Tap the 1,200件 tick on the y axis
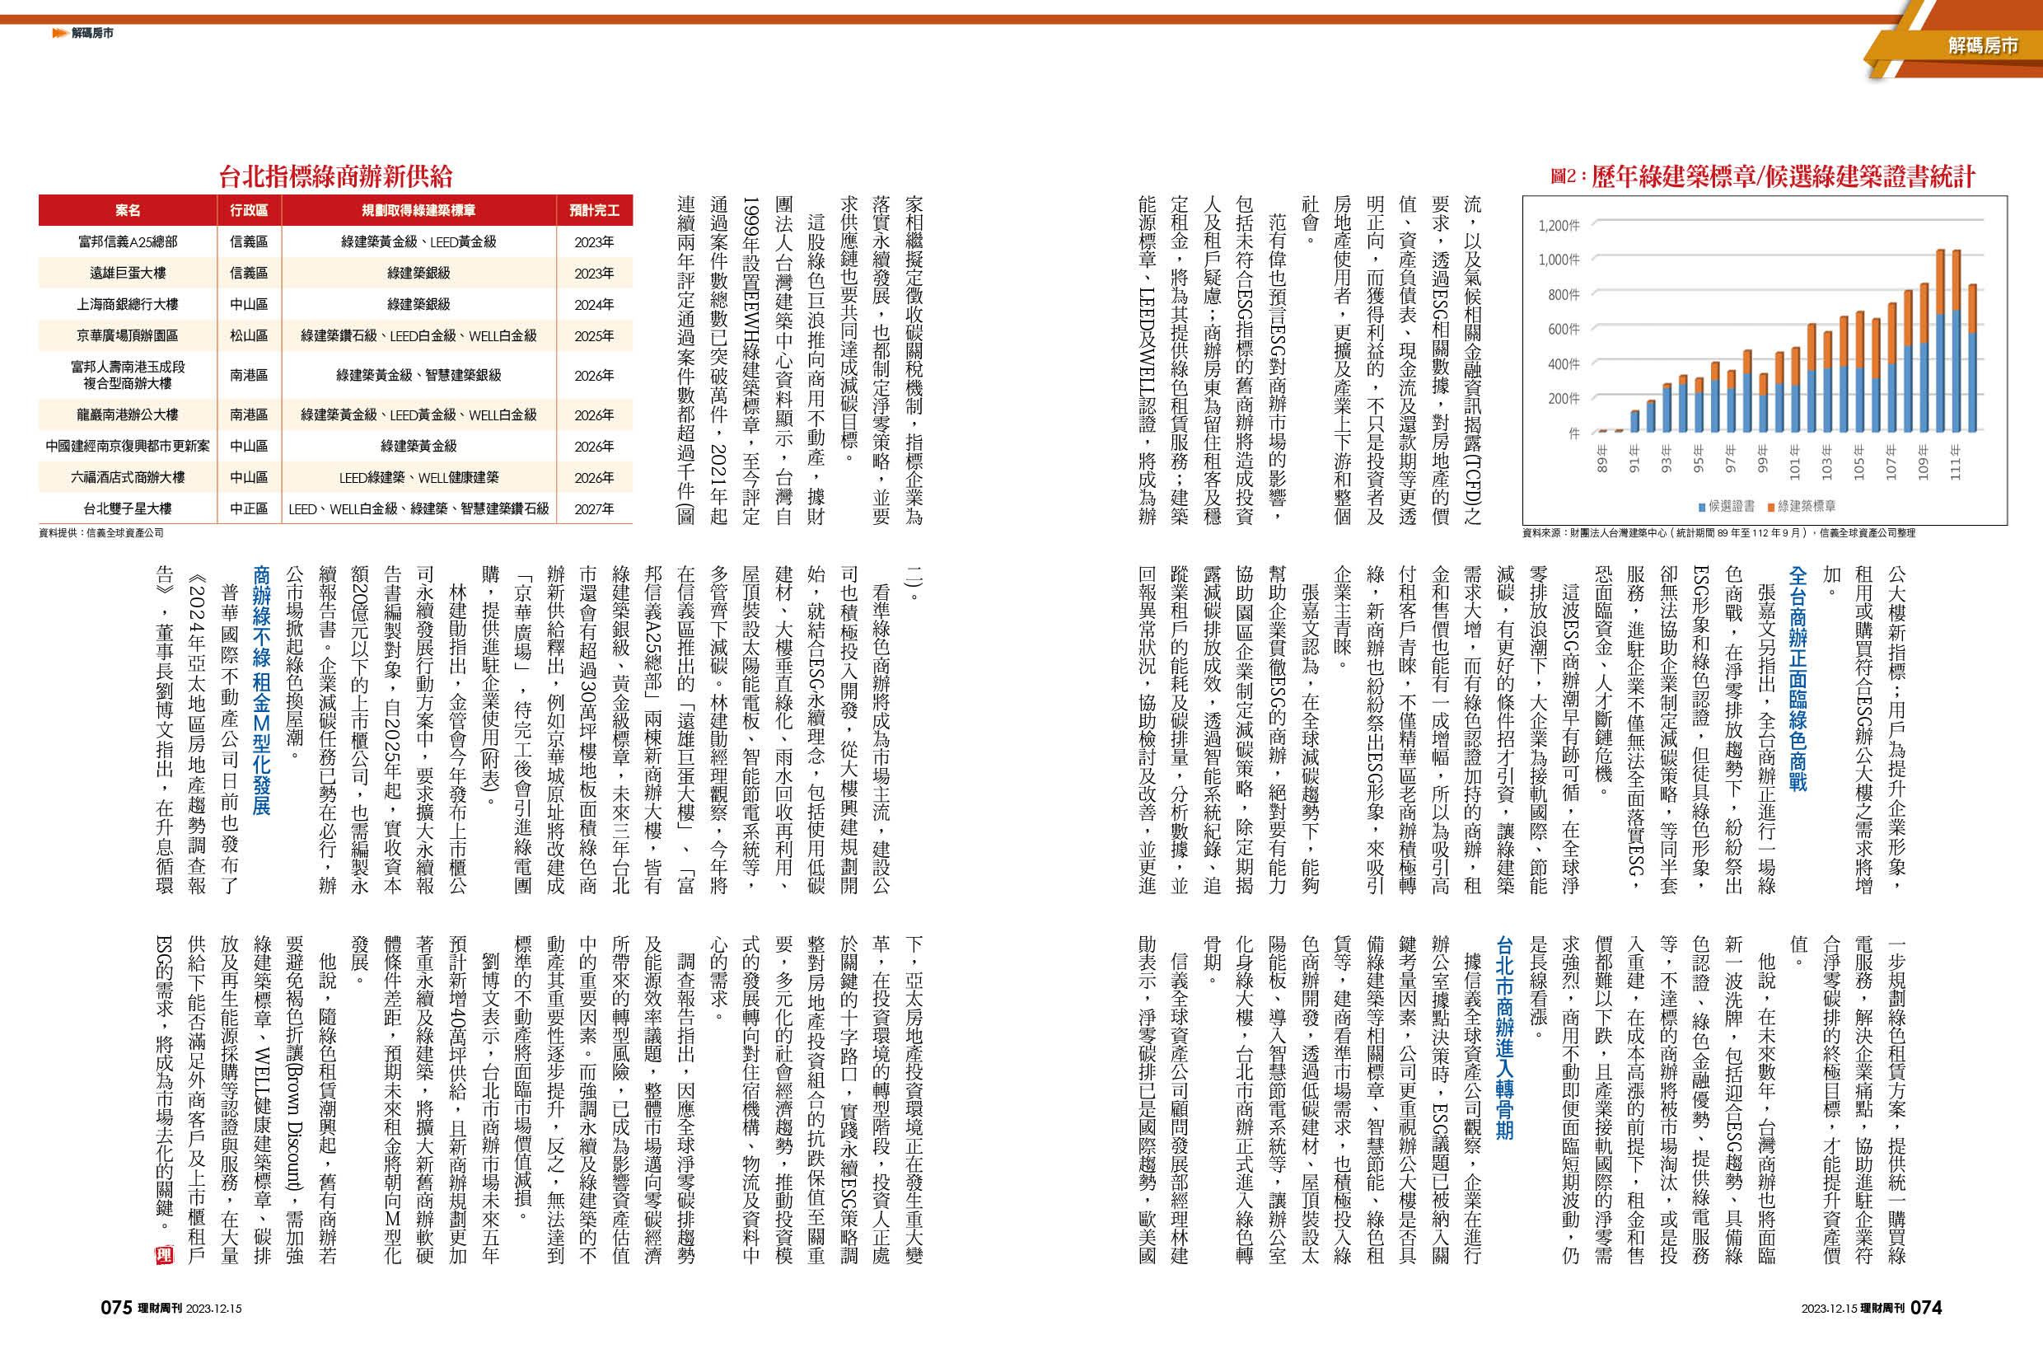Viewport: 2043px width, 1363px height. (1559, 226)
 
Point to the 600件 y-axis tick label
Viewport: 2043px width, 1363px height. (1564, 330)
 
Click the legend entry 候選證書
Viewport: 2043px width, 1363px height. (1726, 506)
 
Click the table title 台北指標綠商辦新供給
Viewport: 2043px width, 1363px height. (335, 177)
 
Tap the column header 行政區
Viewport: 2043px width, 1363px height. (249, 210)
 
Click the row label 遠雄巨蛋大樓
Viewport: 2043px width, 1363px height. (128, 273)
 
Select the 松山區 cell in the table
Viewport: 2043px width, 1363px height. (249, 335)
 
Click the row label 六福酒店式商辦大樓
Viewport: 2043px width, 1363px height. (128, 477)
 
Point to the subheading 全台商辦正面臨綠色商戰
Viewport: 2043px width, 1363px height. (1797, 678)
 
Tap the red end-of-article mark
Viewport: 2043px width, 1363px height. (164, 1255)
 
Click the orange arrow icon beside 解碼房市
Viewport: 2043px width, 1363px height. (59, 33)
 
